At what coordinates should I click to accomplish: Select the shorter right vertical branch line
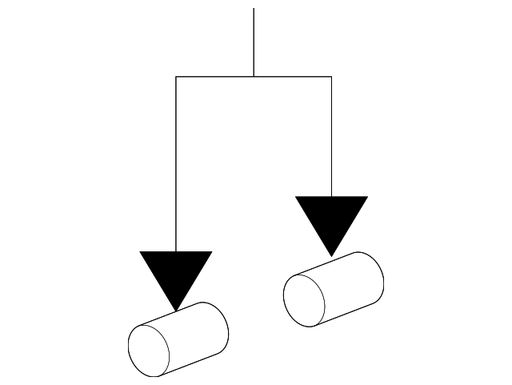[331, 136]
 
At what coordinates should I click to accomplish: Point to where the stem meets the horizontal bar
[254, 77]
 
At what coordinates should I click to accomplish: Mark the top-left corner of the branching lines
[176, 77]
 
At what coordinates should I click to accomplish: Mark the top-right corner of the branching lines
[331, 77]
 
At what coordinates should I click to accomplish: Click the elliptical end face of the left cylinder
[150, 351]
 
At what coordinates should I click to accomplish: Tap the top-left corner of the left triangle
[141, 252]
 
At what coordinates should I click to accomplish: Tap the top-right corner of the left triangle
[211, 252]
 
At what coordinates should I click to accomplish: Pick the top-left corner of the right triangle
[296, 197]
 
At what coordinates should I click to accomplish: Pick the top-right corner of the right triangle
[367, 197]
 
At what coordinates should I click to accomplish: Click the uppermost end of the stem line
[254, 9]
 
